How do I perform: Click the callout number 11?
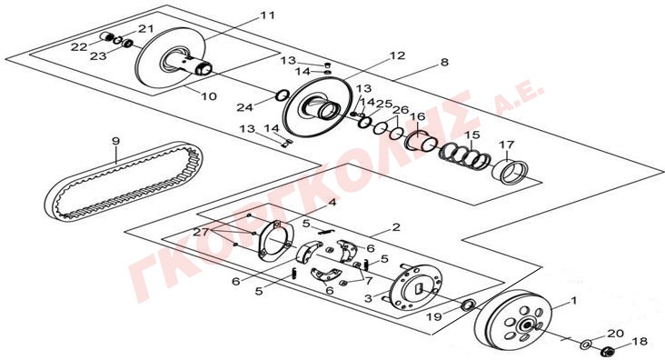point(267,15)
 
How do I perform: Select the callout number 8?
point(444,63)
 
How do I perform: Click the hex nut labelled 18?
point(608,351)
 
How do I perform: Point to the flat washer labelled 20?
point(588,343)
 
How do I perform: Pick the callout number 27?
point(201,232)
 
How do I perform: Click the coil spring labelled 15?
point(464,155)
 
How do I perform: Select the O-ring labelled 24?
point(282,95)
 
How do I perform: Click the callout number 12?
point(397,55)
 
